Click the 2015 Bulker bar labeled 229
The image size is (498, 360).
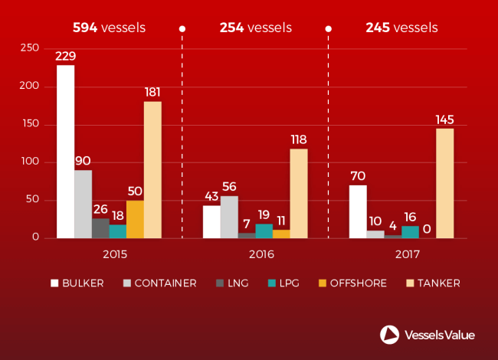click(65, 152)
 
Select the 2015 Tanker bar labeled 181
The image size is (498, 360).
click(152, 169)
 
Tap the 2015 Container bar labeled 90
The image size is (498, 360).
click(83, 204)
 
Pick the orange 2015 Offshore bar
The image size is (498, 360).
click(135, 219)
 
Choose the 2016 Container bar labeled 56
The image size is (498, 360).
click(228, 217)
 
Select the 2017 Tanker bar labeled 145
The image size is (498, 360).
click(444, 183)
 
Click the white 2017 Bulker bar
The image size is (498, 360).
click(357, 211)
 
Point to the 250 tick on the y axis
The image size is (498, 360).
click(28, 48)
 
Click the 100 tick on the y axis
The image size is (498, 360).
click(28, 162)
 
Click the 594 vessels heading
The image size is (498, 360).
click(109, 28)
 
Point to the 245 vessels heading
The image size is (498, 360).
click(401, 28)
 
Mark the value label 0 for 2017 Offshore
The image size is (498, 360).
click(427, 228)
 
